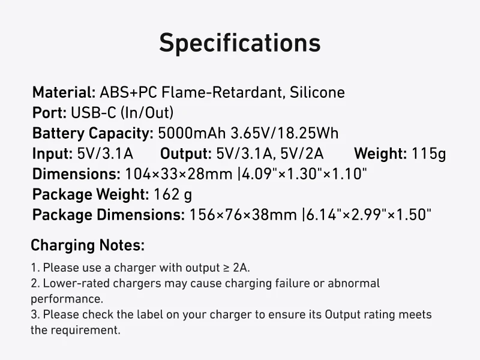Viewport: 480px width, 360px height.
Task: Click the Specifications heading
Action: pyautogui.click(x=239, y=43)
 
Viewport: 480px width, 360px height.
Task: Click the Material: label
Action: pyautogui.click(x=64, y=92)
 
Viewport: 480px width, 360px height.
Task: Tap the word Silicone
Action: pyautogui.click(x=317, y=92)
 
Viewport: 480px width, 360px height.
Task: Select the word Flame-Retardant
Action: pyautogui.click(x=221, y=92)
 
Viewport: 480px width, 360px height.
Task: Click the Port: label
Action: pyautogui.click(x=49, y=113)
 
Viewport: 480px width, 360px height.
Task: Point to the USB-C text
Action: pyautogui.click(x=94, y=113)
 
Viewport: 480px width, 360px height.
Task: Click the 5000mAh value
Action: pyautogui.click(x=191, y=133)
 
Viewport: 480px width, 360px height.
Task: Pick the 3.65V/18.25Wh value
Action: pyautogui.click(x=284, y=133)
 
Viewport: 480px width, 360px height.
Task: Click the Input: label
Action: pyautogui.click(x=52, y=154)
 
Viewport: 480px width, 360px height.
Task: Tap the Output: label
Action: pyautogui.click(x=186, y=154)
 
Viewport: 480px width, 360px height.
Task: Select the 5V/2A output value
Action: pyautogui.click(x=302, y=154)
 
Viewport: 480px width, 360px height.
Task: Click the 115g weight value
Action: pyautogui.click(x=428, y=154)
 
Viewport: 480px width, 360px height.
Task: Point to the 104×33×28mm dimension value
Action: pyautogui.click(x=179, y=174)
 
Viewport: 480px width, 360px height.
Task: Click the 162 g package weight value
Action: pyautogui.click(x=173, y=194)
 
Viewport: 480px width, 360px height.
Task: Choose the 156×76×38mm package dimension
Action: pyautogui.click(x=243, y=215)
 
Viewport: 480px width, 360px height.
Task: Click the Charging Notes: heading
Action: pyautogui.click(x=88, y=245)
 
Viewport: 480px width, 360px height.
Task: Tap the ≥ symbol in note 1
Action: pyautogui.click(x=226, y=268)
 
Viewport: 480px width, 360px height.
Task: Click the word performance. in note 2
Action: pyautogui.click(x=67, y=299)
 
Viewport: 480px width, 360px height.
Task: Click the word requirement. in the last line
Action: pyautogui.click(x=85, y=331)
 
